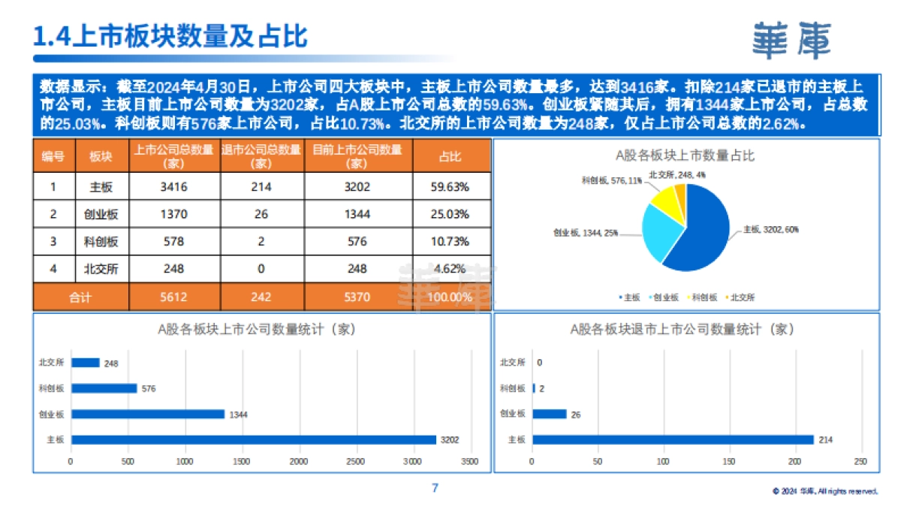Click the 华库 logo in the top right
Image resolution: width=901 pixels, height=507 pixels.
[x=792, y=40]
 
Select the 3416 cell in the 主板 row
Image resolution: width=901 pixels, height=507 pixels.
[x=173, y=187]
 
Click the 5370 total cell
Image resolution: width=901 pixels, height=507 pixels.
[x=357, y=297]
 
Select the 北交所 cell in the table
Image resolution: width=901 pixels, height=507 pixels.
[x=101, y=268]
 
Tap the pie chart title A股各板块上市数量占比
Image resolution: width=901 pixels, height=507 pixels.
[x=685, y=155]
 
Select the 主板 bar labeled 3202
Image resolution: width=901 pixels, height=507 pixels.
[x=253, y=439]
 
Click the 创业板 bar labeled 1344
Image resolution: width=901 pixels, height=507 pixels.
[x=148, y=414]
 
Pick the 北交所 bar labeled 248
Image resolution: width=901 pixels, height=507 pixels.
[x=86, y=363]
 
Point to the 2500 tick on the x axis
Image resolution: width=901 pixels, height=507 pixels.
[x=356, y=460]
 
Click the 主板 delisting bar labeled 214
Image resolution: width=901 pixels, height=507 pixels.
[x=673, y=439]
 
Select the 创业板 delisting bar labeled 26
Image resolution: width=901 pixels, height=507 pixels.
[x=550, y=414]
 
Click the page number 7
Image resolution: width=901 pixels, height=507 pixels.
[x=435, y=488]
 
